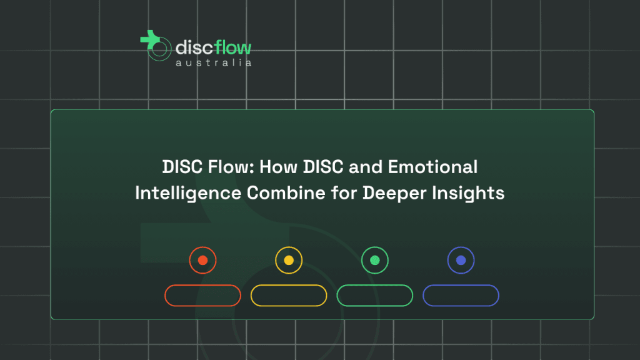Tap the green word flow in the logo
point(233,47)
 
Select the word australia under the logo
point(214,62)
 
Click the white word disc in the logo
point(195,47)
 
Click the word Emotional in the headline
point(432,167)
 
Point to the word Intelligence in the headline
point(188,194)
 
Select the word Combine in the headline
point(286,192)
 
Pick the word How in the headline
point(278,167)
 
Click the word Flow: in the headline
point(231,167)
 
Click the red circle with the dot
point(203,260)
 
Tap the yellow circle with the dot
point(289,260)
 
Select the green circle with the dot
point(375,260)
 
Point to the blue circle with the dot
point(461,260)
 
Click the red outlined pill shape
point(203,285)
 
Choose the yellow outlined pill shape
point(289,285)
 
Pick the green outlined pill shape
point(375,285)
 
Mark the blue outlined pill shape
point(461,285)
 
